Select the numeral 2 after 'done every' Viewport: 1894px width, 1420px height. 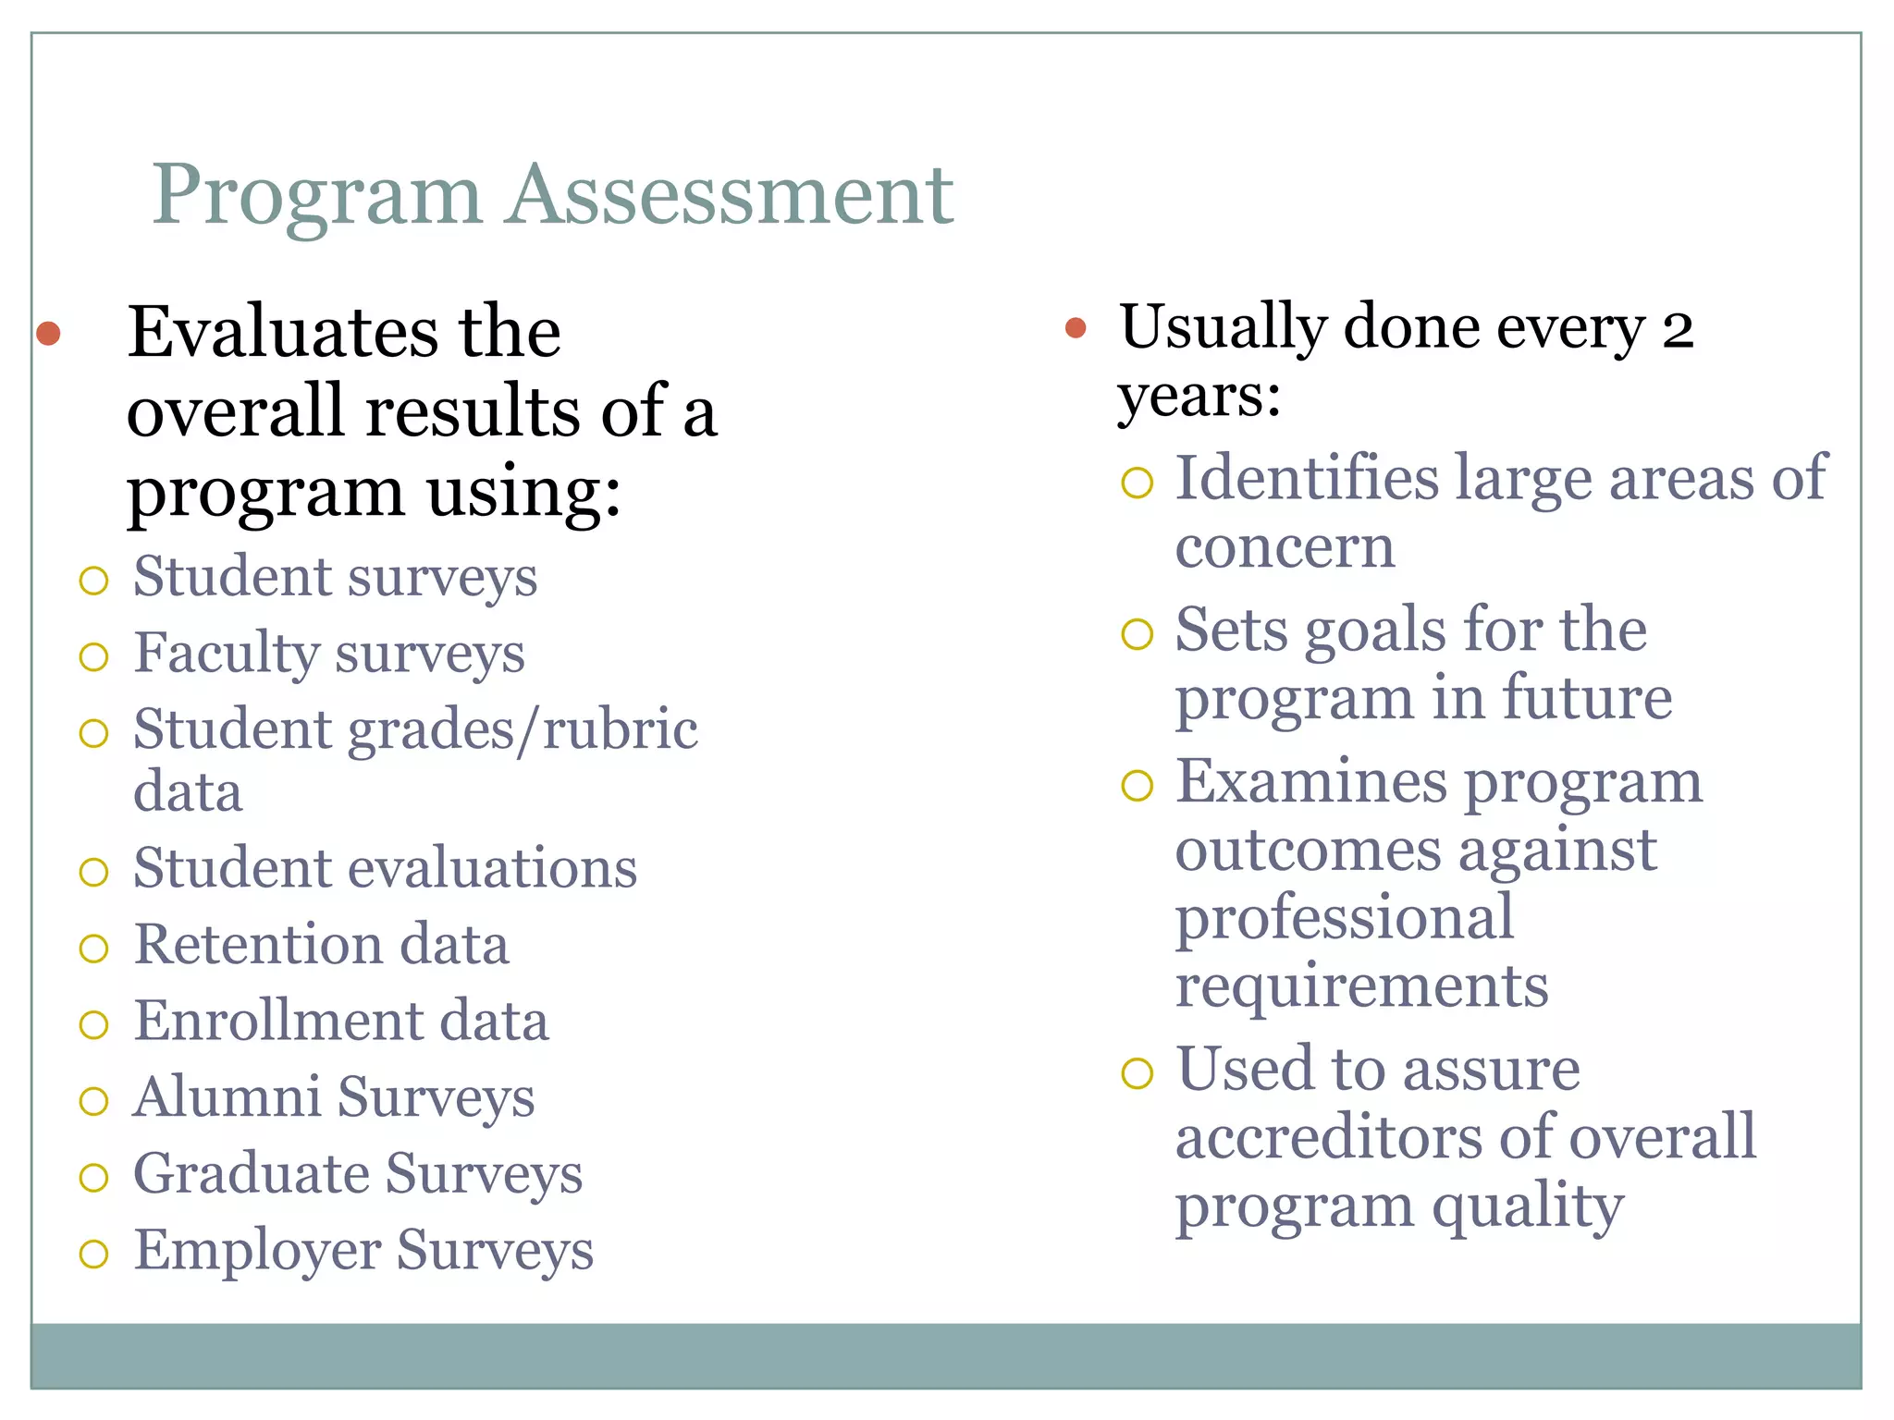coord(1678,330)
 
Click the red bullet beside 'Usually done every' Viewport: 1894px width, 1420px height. coord(1075,327)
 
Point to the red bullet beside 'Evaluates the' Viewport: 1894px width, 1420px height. coord(48,333)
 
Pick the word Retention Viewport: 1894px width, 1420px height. coord(258,945)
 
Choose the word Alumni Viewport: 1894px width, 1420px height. coord(227,1097)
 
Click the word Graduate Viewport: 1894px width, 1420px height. coord(251,1174)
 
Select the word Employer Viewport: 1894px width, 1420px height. coord(257,1251)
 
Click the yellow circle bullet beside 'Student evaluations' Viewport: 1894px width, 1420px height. coord(93,872)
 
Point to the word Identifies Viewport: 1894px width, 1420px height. coord(1308,479)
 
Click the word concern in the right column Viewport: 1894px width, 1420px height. coord(1285,547)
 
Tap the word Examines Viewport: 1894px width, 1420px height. coord(1310,782)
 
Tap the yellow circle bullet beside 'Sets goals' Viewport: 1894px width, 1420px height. coord(1137,634)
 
